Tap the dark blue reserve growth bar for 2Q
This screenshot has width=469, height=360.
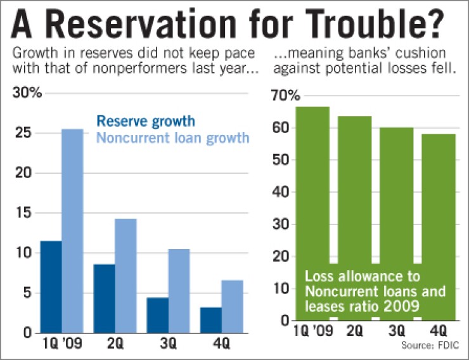click(x=105, y=299)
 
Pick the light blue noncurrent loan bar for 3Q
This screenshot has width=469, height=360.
click(x=179, y=291)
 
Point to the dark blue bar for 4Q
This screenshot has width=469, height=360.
click(x=212, y=320)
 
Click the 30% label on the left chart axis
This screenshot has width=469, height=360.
click(x=27, y=93)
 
